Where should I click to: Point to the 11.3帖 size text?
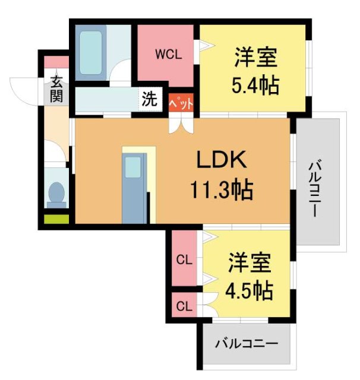(222, 190)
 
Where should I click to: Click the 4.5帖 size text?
(250, 290)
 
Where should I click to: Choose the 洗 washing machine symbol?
(149, 99)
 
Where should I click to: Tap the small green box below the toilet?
(56, 218)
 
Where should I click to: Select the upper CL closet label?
(185, 260)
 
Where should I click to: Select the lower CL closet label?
(185, 307)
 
